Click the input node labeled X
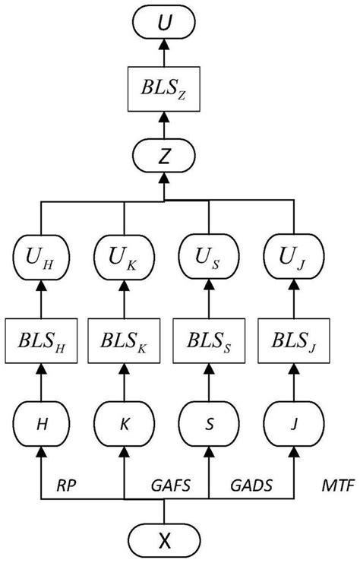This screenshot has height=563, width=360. (165, 541)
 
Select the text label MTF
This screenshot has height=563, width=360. (338, 486)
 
